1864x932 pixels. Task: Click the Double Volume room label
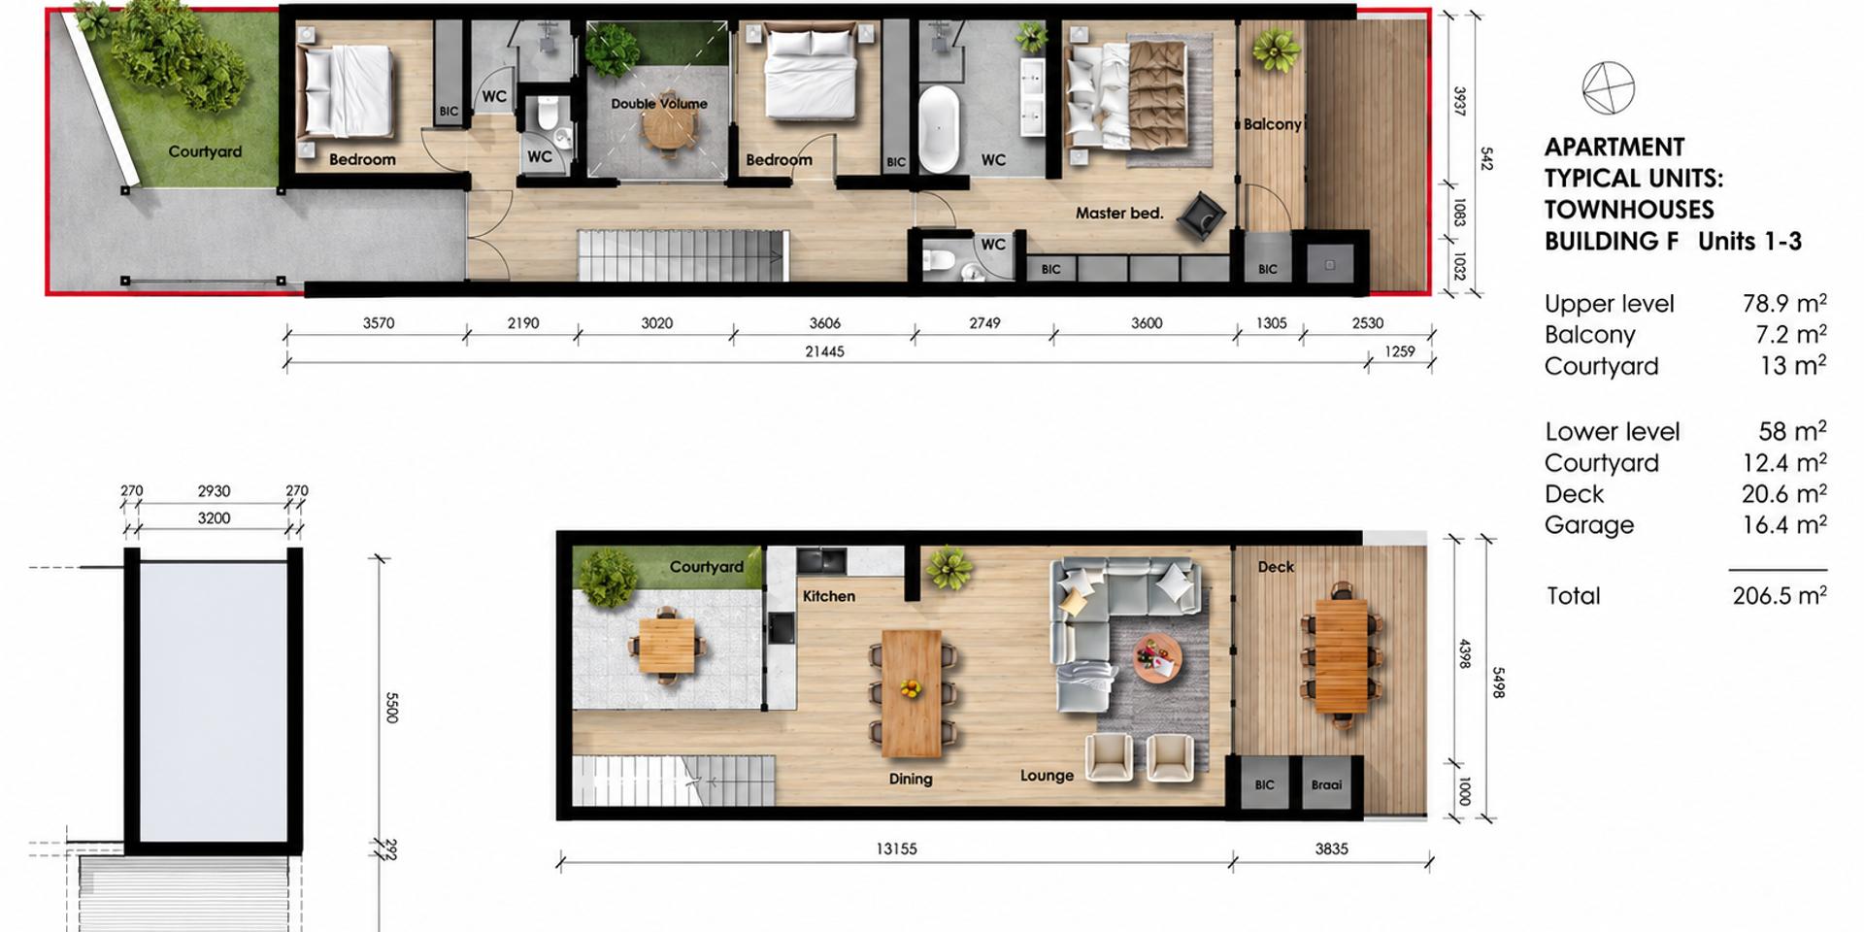point(659,104)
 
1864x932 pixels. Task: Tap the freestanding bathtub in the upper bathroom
point(938,130)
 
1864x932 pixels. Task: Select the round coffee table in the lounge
point(1158,659)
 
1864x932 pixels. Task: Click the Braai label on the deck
point(1326,784)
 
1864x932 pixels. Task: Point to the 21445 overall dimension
point(824,351)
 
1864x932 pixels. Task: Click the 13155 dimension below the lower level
point(896,849)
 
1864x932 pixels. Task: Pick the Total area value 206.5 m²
point(1780,595)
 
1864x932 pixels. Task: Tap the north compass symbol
point(1608,88)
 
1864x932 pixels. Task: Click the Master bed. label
point(1119,213)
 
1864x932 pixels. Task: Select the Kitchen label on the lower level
point(829,596)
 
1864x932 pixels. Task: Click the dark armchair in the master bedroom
point(1201,216)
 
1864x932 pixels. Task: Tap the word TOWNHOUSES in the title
point(1629,210)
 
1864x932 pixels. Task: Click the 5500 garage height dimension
point(392,708)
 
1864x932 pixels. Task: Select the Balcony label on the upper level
point(1272,124)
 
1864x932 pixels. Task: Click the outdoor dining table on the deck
point(1341,655)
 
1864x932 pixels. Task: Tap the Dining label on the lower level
point(911,779)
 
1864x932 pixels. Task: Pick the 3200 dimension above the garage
point(214,518)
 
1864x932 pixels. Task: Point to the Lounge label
point(1047,776)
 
